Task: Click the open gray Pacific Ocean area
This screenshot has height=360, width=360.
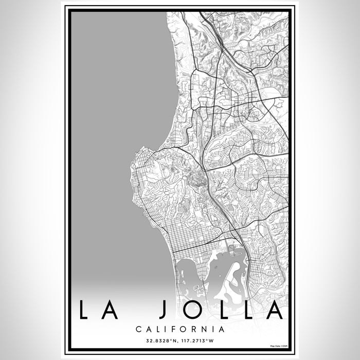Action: tap(113, 129)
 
